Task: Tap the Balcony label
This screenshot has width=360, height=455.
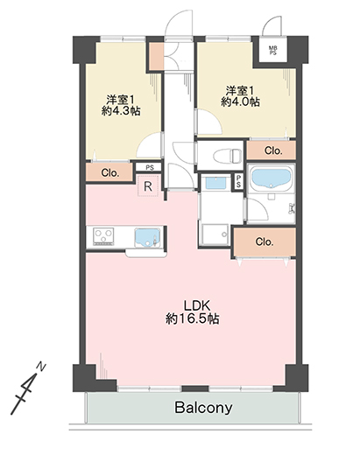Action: point(203,408)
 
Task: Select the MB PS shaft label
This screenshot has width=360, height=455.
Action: point(273,50)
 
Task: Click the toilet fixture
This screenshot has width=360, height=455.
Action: point(228,156)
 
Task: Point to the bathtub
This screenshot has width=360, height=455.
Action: point(271,178)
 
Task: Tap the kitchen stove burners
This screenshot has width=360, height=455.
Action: point(103,236)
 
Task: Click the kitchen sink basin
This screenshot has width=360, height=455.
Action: point(147,238)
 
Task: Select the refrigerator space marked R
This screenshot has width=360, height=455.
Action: point(148,186)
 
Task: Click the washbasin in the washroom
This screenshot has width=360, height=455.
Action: point(215,183)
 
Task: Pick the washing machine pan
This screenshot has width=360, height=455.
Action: point(214,234)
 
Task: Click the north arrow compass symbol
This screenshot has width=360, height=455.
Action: point(28,388)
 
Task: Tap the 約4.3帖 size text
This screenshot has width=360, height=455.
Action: point(121,111)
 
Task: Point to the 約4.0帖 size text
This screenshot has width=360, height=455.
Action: point(240,102)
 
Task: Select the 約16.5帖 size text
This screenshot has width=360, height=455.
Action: point(193,319)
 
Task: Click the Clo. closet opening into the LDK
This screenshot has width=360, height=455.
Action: point(265,241)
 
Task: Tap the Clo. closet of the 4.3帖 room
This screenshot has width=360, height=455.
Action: point(110,173)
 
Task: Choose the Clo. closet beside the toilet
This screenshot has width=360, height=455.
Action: point(273,150)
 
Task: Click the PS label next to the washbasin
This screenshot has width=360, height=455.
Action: point(238,182)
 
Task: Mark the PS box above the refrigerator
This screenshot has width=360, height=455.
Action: point(150,168)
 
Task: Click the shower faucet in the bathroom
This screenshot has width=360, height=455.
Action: point(291,208)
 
